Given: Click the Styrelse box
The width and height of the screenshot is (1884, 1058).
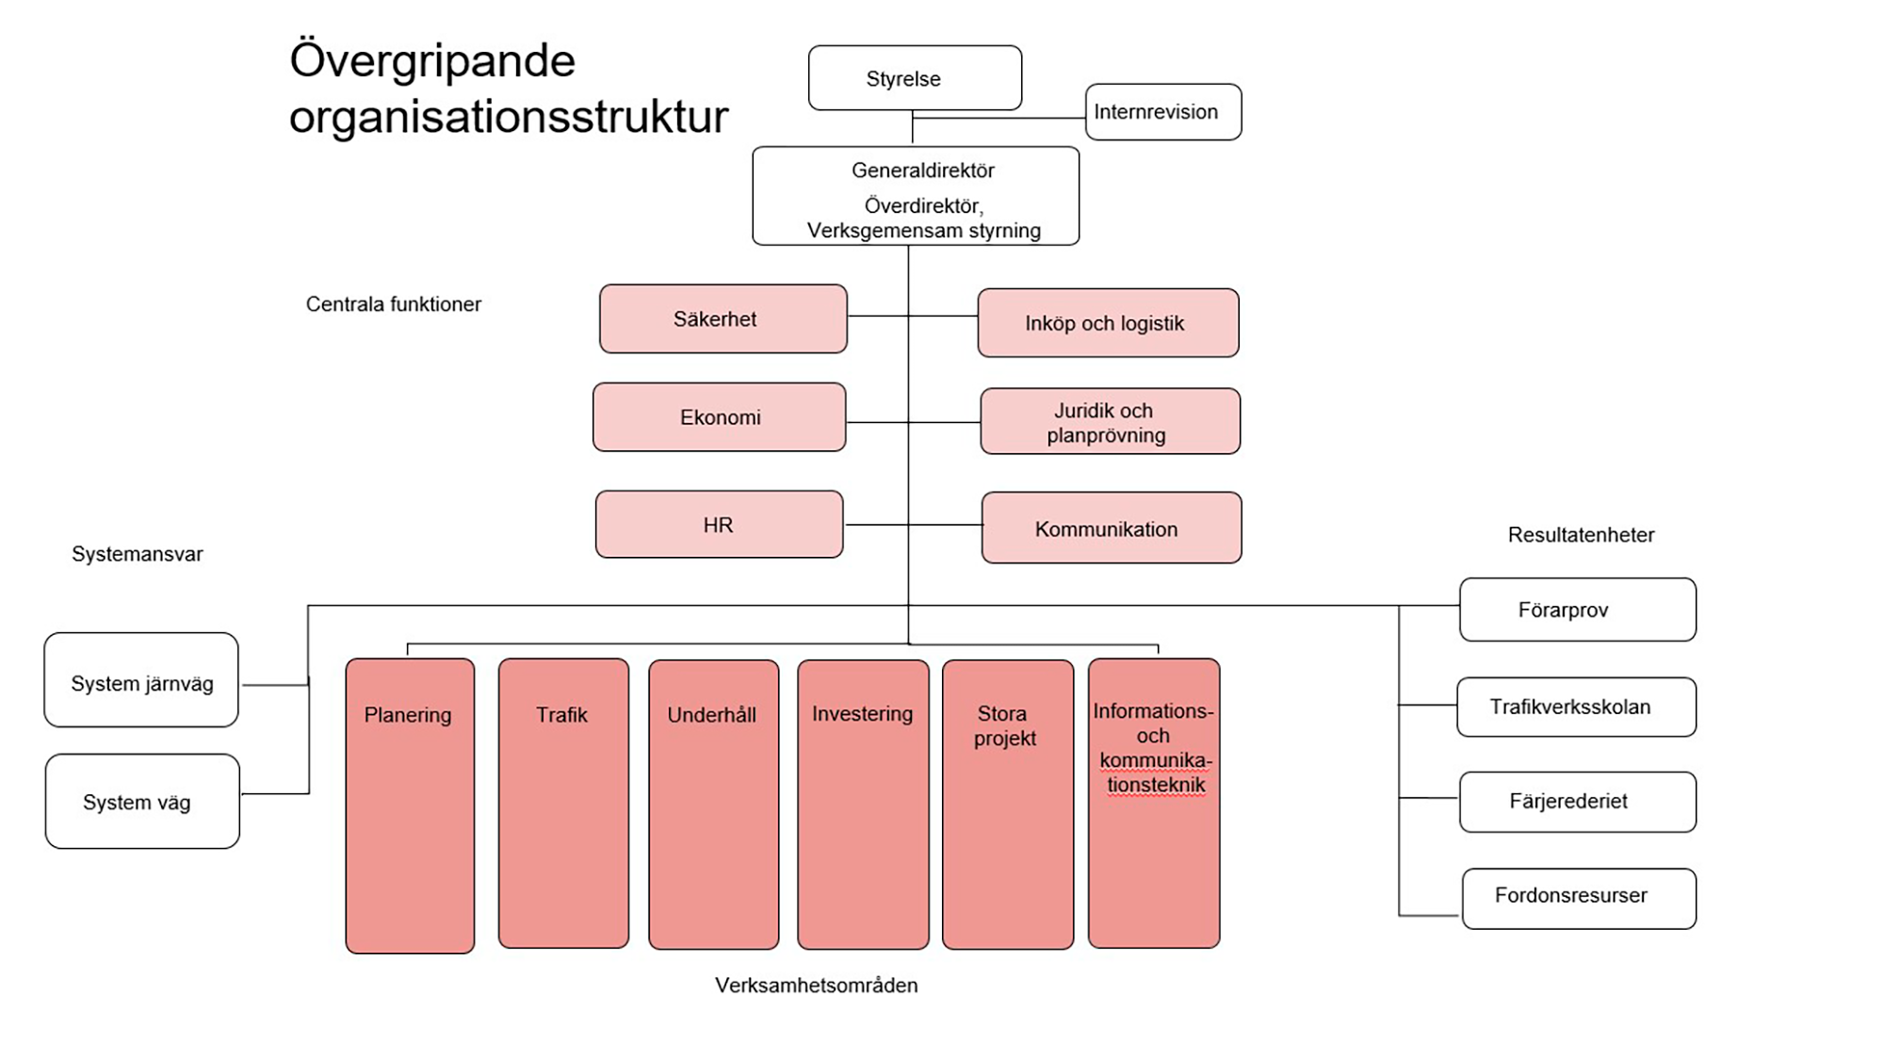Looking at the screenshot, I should click(915, 78).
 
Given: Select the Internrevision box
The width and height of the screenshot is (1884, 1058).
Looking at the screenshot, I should click(1162, 112).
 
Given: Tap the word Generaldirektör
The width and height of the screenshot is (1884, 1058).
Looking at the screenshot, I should click(922, 171).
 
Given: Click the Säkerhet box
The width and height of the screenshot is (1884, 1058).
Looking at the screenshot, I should click(723, 319).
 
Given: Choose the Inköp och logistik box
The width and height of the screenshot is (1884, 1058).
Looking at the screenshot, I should click(1108, 323).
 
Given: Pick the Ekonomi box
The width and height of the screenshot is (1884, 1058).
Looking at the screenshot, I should click(720, 417).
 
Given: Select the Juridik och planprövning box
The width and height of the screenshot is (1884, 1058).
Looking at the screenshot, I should click(1110, 422).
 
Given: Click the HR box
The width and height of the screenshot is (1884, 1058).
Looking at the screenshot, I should click(719, 525).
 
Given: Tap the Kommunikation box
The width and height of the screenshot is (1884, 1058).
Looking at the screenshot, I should click(1111, 529).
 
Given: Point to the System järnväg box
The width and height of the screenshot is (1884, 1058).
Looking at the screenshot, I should click(141, 680).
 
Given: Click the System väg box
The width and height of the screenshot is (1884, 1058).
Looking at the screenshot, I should click(142, 802).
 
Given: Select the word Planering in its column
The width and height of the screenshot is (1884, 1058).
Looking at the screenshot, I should click(408, 715).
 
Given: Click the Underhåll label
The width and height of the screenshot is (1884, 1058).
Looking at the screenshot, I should click(711, 715).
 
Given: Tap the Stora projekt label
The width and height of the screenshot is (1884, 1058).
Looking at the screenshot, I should click(1004, 725).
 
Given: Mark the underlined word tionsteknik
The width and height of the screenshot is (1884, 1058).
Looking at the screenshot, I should click(1156, 785).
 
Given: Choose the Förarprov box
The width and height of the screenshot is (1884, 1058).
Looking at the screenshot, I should click(1578, 610).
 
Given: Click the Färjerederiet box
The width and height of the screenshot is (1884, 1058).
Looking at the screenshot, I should click(1578, 802).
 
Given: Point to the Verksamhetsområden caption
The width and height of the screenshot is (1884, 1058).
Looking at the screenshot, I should click(816, 985).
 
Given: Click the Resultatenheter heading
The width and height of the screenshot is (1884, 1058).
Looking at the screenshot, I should click(1581, 535).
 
